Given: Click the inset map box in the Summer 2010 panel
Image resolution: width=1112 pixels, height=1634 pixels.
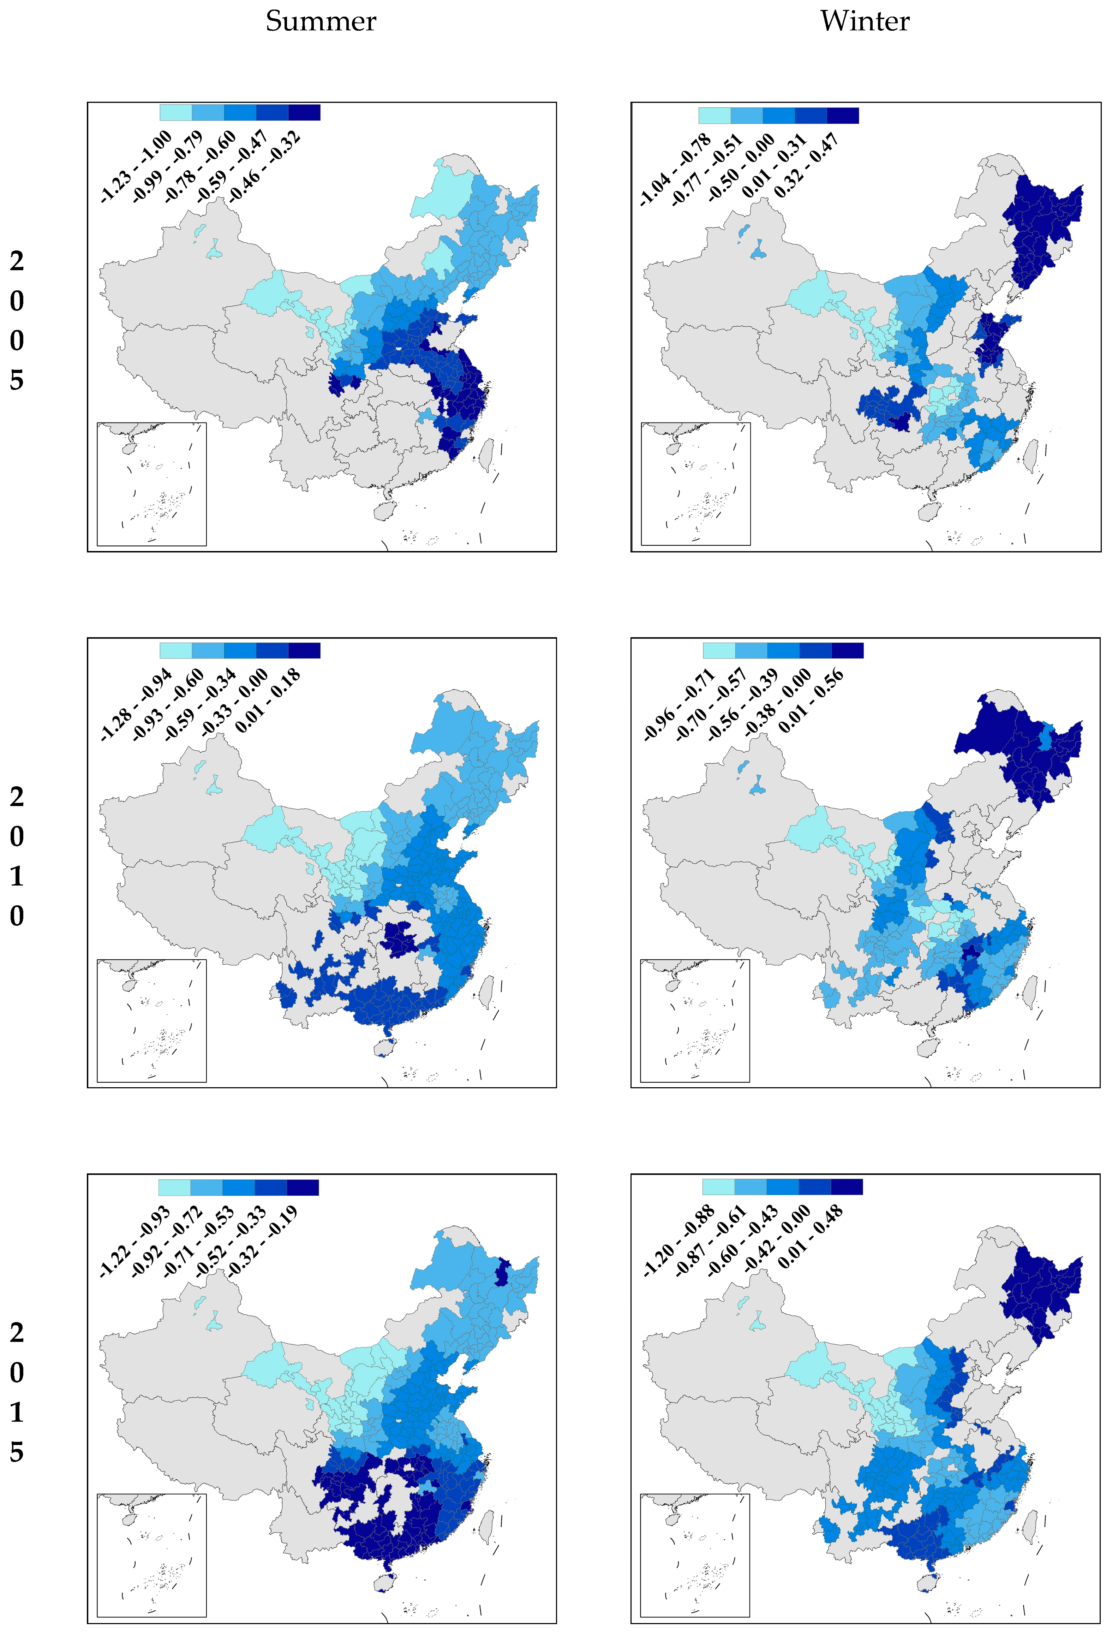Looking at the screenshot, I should pos(151,1020).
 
